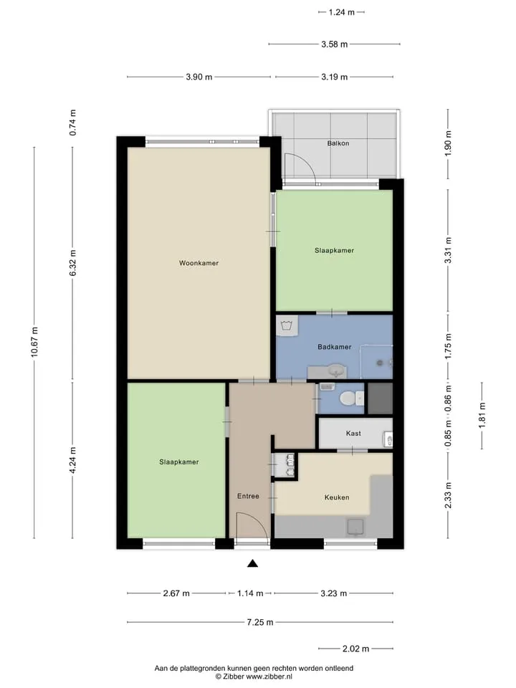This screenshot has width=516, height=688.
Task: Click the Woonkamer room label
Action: tap(199, 263)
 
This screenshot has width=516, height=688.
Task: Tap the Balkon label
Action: tap(338, 143)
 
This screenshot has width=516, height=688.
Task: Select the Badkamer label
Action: tap(335, 347)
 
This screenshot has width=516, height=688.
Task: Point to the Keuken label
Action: tap(337, 497)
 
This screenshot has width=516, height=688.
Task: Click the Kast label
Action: tap(353, 433)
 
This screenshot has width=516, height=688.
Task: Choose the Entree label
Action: tap(248, 496)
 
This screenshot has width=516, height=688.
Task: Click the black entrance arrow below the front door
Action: tap(252, 563)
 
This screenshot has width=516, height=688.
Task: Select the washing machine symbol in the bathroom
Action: tap(287, 325)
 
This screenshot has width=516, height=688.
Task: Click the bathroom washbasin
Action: tap(337, 371)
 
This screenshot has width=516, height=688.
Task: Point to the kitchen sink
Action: tap(355, 527)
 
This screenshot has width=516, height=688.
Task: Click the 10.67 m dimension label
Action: tap(34, 343)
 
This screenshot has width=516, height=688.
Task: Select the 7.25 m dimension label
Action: tap(260, 622)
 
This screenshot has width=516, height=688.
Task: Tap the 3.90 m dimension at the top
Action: tap(199, 77)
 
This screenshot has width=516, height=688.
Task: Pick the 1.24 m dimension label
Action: tap(341, 12)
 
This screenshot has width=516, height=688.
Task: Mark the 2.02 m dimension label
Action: tap(356, 649)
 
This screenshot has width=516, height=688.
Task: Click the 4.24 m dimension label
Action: tap(73, 460)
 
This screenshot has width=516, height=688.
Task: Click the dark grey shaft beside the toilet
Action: tap(380, 398)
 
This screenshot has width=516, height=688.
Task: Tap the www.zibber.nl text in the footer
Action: tap(269, 677)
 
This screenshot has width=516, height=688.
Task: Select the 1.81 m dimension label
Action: tap(482, 415)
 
